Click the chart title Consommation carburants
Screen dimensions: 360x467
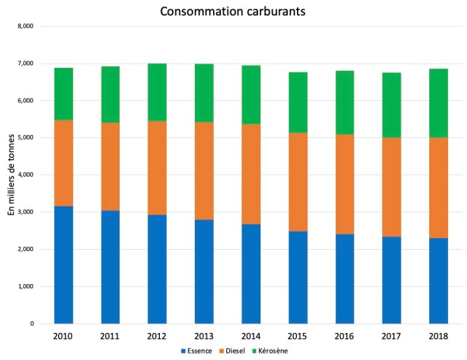tap(233, 12)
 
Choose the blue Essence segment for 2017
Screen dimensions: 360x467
tap(391, 280)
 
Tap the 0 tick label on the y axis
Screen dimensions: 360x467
tap(31, 323)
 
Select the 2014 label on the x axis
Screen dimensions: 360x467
tap(251, 335)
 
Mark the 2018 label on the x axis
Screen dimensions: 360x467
tap(438, 335)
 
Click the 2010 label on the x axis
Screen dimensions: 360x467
tap(63, 335)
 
